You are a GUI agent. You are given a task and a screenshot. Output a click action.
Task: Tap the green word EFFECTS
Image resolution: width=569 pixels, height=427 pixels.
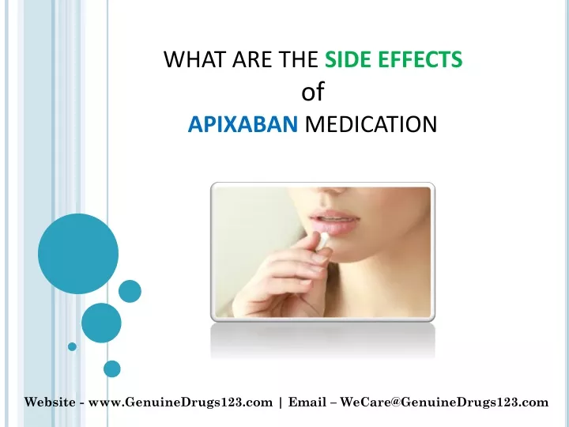point(420,59)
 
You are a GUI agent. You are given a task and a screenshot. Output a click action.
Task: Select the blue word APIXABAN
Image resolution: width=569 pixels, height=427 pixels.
point(243,124)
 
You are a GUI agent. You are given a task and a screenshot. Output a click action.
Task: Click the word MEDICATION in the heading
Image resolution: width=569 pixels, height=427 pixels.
point(371,124)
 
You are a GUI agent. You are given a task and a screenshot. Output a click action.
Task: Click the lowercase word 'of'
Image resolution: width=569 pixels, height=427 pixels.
point(313,92)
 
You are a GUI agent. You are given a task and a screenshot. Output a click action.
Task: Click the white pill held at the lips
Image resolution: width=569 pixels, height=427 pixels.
point(323,240)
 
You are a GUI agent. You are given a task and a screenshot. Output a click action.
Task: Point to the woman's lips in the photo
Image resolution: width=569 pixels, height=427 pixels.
point(334,221)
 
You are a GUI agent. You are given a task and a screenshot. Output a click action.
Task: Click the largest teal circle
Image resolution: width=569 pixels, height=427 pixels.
point(78,254)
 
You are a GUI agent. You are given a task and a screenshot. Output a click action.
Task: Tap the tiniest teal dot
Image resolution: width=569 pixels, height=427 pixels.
point(72,347)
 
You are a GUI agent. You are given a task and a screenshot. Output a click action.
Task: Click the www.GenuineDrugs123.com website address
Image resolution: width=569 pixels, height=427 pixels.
point(180,402)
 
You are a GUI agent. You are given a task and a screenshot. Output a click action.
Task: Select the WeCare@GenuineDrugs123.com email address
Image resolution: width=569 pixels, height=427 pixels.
point(444,402)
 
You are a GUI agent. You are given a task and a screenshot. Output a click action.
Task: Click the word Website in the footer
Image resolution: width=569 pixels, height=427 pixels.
point(50,402)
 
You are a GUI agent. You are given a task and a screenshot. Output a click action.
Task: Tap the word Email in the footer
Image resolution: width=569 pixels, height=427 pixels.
point(307,402)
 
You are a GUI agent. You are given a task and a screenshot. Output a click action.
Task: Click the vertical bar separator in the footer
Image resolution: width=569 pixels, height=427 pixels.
point(281,402)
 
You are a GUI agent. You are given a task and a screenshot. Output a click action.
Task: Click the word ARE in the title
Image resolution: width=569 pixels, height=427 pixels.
point(252,59)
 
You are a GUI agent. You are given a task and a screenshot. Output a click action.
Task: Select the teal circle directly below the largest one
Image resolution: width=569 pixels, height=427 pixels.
point(101,323)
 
